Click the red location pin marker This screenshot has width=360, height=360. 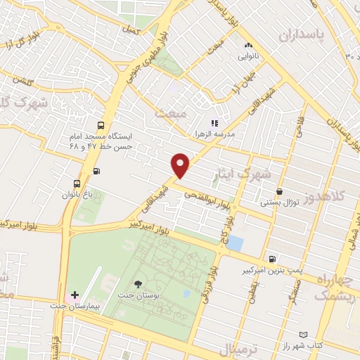181,165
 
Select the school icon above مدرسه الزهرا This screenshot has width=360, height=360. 214,123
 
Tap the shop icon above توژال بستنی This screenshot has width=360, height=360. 280,191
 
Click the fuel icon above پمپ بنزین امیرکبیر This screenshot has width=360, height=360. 272,258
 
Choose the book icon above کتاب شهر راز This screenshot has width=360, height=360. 303,334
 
